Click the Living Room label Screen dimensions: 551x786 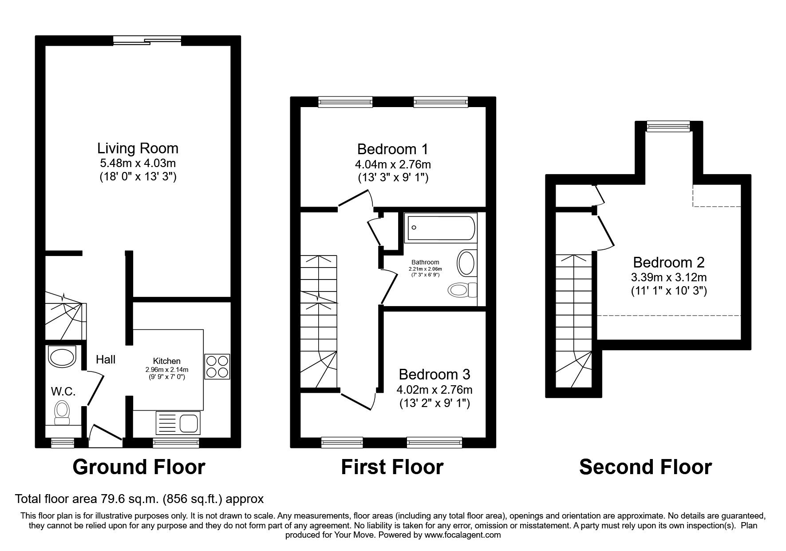click(x=138, y=148)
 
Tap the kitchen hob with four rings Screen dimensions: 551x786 click(x=217, y=366)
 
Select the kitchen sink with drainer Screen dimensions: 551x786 click(x=178, y=423)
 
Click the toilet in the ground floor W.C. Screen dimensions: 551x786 click(x=61, y=411)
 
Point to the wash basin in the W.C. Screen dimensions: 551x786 click(x=62, y=357)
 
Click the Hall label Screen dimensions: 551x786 click(x=106, y=359)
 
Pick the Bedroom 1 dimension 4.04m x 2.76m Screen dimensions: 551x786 click(x=393, y=164)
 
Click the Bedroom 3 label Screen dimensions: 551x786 click(x=434, y=374)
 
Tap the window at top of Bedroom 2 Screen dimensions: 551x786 click(x=668, y=128)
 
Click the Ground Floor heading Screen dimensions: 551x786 click(x=138, y=467)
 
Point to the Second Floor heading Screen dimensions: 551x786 click(x=645, y=467)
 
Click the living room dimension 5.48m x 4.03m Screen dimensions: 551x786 click(x=138, y=163)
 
